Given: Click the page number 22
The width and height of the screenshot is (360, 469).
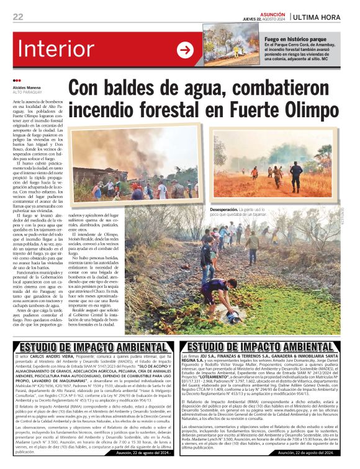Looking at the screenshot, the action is pos(18,17).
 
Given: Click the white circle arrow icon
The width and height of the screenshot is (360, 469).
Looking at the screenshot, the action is pos(185,50).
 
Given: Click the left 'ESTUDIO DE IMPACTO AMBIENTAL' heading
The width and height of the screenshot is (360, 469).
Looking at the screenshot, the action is pos(89,347).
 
